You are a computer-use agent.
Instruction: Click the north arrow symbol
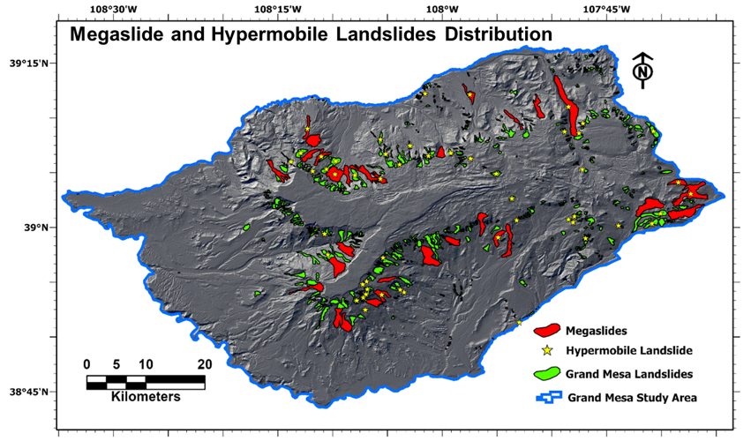643,71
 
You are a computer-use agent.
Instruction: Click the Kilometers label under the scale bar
146,397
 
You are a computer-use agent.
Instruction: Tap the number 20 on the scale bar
204,364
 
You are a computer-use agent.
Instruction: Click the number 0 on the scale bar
86,364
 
